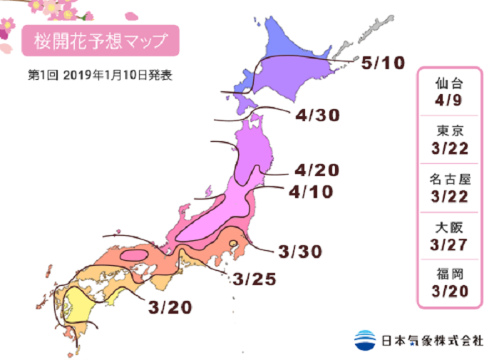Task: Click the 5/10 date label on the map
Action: (383, 63)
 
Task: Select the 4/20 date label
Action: (316, 170)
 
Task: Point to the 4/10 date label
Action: (312, 192)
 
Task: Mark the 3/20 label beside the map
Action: (171, 307)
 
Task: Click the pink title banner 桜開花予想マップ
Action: (99, 41)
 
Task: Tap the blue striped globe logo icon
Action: (364, 339)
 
